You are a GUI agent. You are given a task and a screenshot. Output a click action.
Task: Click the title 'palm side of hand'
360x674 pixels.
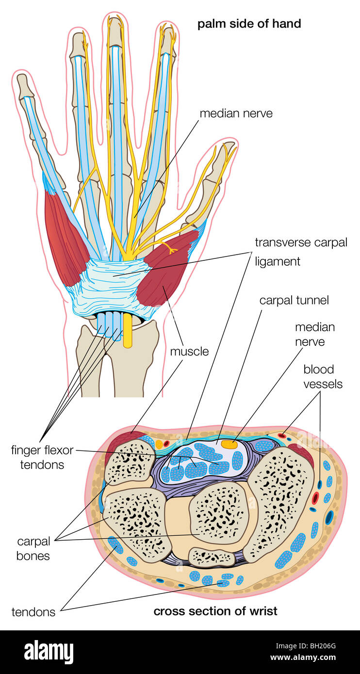click(249, 23)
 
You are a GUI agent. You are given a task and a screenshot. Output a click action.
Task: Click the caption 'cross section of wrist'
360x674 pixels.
click(215, 610)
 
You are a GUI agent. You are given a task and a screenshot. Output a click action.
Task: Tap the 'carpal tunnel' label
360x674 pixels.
click(294, 300)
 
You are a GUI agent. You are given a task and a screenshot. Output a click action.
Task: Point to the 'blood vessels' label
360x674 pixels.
click(323, 377)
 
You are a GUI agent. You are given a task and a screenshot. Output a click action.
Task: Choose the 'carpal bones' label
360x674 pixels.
click(33, 548)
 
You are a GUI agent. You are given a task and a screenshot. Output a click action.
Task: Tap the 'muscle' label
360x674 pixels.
click(189, 351)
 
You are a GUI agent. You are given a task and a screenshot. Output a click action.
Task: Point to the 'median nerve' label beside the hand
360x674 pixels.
click(236, 113)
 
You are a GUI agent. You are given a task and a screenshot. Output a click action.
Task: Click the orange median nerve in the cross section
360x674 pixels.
click(229, 443)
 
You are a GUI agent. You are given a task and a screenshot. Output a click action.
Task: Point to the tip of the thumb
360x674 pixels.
click(228, 145)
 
